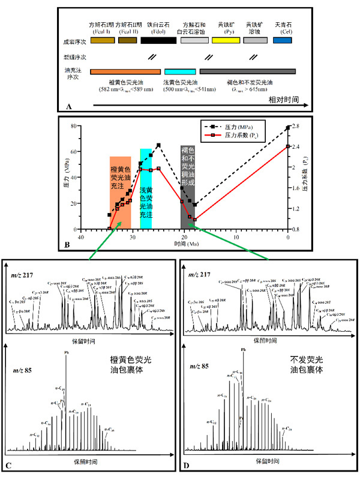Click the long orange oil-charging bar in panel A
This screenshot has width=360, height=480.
point(125,71)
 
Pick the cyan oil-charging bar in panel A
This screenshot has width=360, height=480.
point(180,71)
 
